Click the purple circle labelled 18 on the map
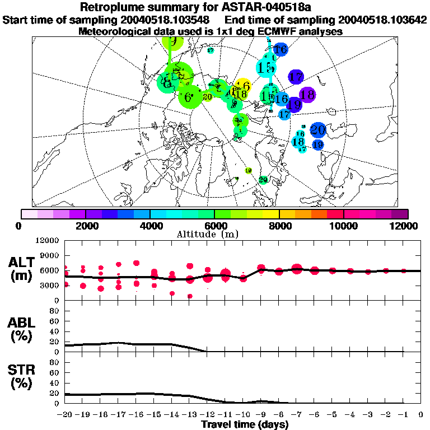pyautogui.click(x=307, y=95)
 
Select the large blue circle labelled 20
pyautogui.click(x=318, y=130)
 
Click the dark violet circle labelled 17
pyautogui.click(x=296, y=77)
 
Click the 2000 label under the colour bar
pyautogui.click(x=85, y=225)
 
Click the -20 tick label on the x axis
pyautogui.click(x=65, y=415)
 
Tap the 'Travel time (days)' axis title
pyautogui.click(x=245, y=425)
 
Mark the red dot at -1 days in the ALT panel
pyautogui.click(x=403, y=270)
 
